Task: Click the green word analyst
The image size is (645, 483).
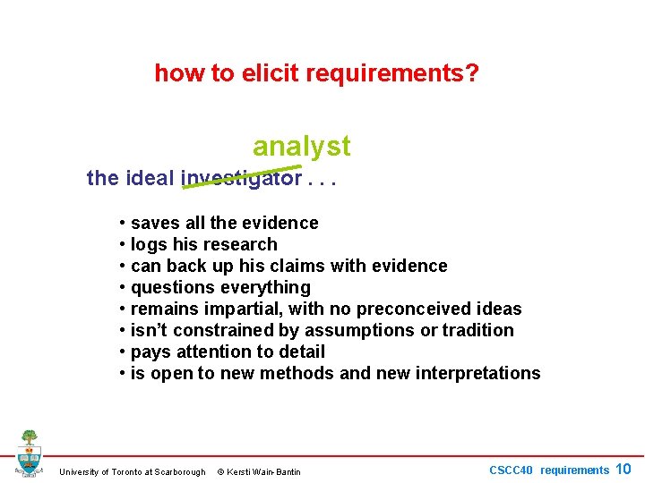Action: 302,145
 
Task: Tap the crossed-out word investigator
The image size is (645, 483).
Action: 241,178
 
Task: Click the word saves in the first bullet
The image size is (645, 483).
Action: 154,223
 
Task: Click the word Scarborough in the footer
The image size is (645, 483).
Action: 180,472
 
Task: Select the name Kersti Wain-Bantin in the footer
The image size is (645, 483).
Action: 263,472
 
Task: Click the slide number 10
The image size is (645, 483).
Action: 623,469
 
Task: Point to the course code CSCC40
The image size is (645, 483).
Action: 511,470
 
